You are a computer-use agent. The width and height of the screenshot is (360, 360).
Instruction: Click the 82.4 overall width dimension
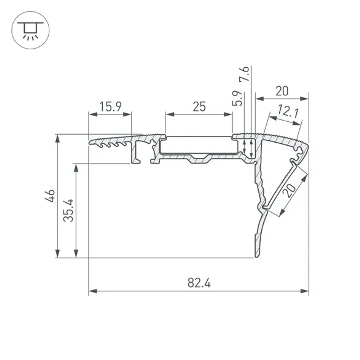click(x=199, y=283)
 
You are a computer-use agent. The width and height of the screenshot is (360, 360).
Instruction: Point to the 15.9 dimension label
click(x=111, y=107)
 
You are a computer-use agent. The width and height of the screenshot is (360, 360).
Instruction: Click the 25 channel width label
click(x=199, y=107)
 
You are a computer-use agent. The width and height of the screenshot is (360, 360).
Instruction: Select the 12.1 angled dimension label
click(x=288, y=112)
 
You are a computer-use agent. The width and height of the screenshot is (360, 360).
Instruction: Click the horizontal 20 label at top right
click(x=282, y=91)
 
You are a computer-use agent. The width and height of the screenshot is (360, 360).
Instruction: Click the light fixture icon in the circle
click(x=31, y=30)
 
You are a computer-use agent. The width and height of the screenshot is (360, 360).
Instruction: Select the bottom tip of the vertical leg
click(x=257, y=256)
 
